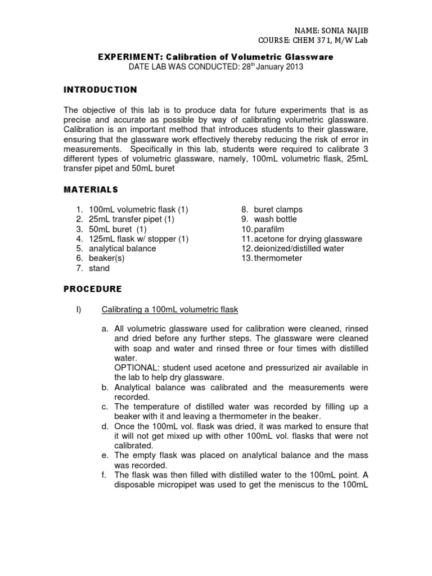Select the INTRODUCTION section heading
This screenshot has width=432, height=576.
tap(101, 89)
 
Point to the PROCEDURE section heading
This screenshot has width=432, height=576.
tap(92, 289)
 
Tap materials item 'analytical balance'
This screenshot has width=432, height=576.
tap(122, 249)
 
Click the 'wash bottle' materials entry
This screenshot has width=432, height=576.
tap(275, 219)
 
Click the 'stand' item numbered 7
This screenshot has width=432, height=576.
tap(99, 268)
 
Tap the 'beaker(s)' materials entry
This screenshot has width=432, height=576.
tap(106, 258)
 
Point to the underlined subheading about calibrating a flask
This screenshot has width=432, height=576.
tap(169, 309)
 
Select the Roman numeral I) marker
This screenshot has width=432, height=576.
tap(79, 309)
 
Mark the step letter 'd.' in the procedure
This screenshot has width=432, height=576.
tap(105, 426)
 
